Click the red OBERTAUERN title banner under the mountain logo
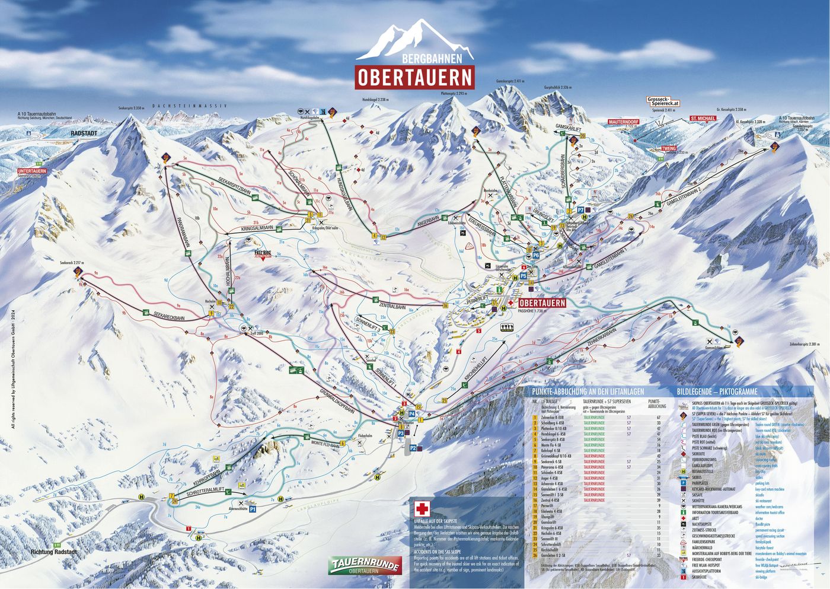[x=415, y=77]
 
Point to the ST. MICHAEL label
[x=702, y=119]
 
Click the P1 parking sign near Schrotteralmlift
[x=252, y=509]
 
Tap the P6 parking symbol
[x=535, y=254]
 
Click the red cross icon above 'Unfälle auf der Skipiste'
[x=422, y=509]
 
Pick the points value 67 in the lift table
[x=658, y=418]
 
